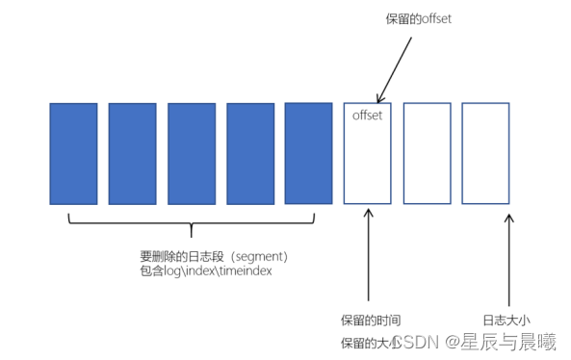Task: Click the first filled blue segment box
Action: click(x=73, y=153)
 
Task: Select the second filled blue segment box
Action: click(x=132, y=153)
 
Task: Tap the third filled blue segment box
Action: click(x=191, y=153)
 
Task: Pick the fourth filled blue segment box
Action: click(x=250, y=153)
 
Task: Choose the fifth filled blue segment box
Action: click(x=308, y=153)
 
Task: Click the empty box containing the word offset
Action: click(x=368, y=159)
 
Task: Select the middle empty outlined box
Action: click(x=427, y=153)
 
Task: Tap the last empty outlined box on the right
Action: click(x=485, y=153)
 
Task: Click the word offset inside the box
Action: click(x=368, y=116)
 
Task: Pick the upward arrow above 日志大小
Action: click(x=509, y=260)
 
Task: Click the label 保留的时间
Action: click(x=371, y=319)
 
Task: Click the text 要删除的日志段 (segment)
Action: click(x=214, y=257)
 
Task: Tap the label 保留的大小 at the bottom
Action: click(x=366, y=343)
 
